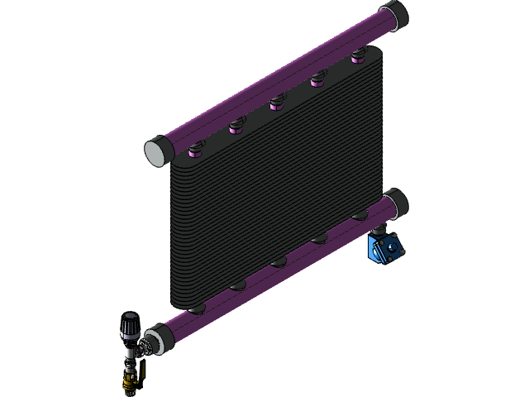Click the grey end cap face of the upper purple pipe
click(155, 152)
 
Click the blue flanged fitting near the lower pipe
click(385, 248)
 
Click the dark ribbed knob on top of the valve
click(130, 324)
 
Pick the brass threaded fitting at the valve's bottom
click(127, 382)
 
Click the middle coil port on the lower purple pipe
click(279, 263)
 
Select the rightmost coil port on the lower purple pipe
click(359, 217)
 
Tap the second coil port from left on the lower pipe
click(238, 286)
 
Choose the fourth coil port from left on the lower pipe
click(319, 240)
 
